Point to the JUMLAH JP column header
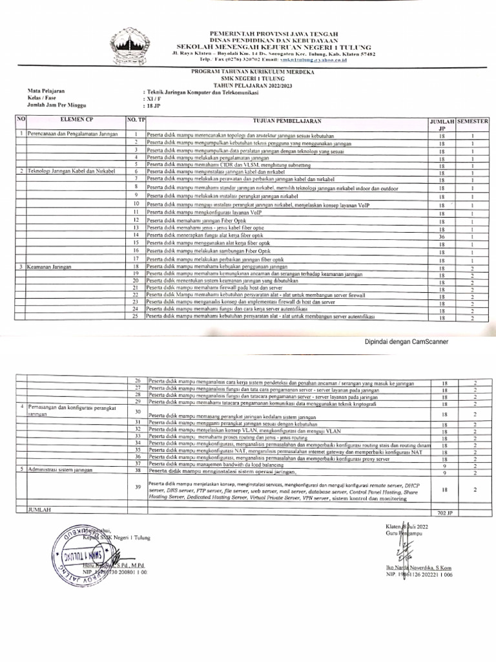[442, 125]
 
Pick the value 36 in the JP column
[443, 237]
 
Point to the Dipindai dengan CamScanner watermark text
[407, 342]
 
